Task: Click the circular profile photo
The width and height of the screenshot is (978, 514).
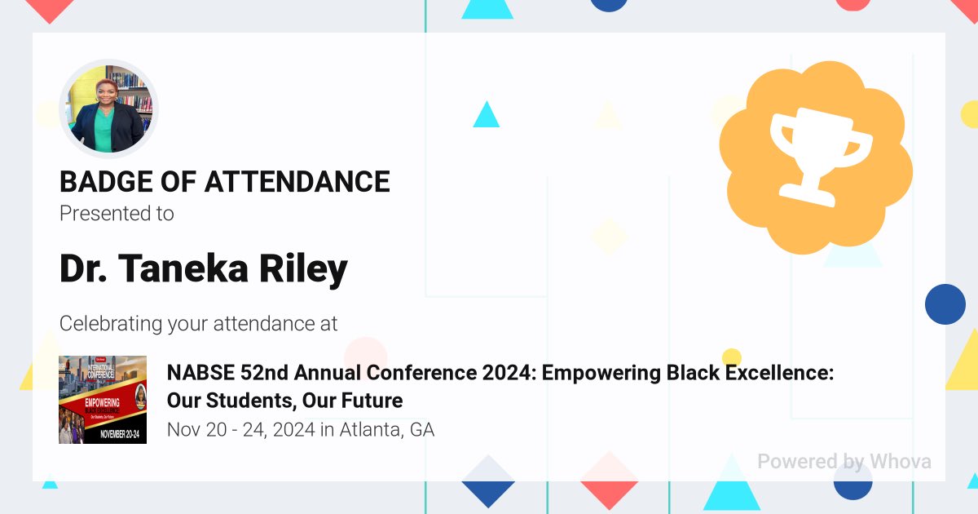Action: tap(108, 109)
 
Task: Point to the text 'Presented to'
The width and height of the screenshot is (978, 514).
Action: tap(117, 214)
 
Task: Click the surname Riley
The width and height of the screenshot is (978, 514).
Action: tap(303, 268)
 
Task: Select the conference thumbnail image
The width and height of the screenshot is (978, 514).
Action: tap(103, 400)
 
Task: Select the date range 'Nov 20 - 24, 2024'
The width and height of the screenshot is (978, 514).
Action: tap(240, 429)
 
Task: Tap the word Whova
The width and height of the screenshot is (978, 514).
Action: tap(900, 461)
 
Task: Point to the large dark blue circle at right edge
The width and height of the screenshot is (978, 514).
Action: tap(945, 304)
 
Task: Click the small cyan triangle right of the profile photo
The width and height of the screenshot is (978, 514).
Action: tap(487, 115)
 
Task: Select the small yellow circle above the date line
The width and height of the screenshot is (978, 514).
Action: tap(732, 357)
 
